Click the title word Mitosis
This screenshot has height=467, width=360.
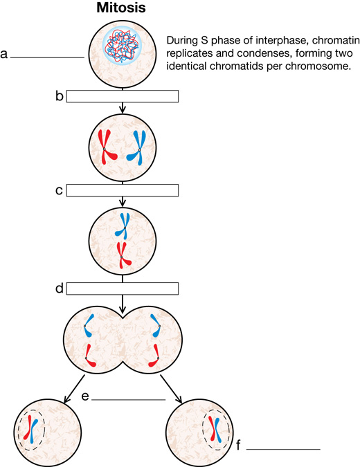(121, 7)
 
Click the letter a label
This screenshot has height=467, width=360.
(4, 55)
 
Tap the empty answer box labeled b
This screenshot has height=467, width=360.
(123, 96)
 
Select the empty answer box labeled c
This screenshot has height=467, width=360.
(123, 190)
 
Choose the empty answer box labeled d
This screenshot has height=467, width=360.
(123, 289)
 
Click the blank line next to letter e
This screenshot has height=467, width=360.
(129, 400)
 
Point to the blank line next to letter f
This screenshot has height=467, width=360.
(283, 449)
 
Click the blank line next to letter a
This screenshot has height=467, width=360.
(47, 58)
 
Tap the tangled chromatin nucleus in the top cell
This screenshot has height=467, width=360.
(122, 46)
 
